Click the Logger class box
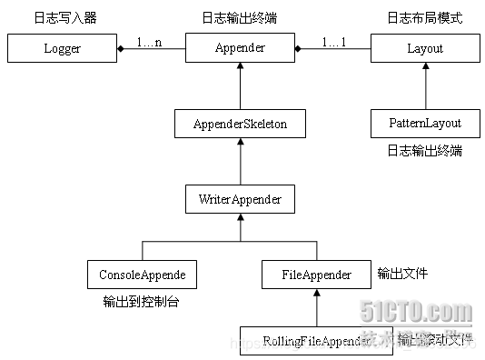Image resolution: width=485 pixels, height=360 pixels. [x=63, y=48]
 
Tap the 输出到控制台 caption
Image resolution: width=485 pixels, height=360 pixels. [x=141, y=301]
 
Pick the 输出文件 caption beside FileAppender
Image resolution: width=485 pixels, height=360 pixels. [x=401, y=272]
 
